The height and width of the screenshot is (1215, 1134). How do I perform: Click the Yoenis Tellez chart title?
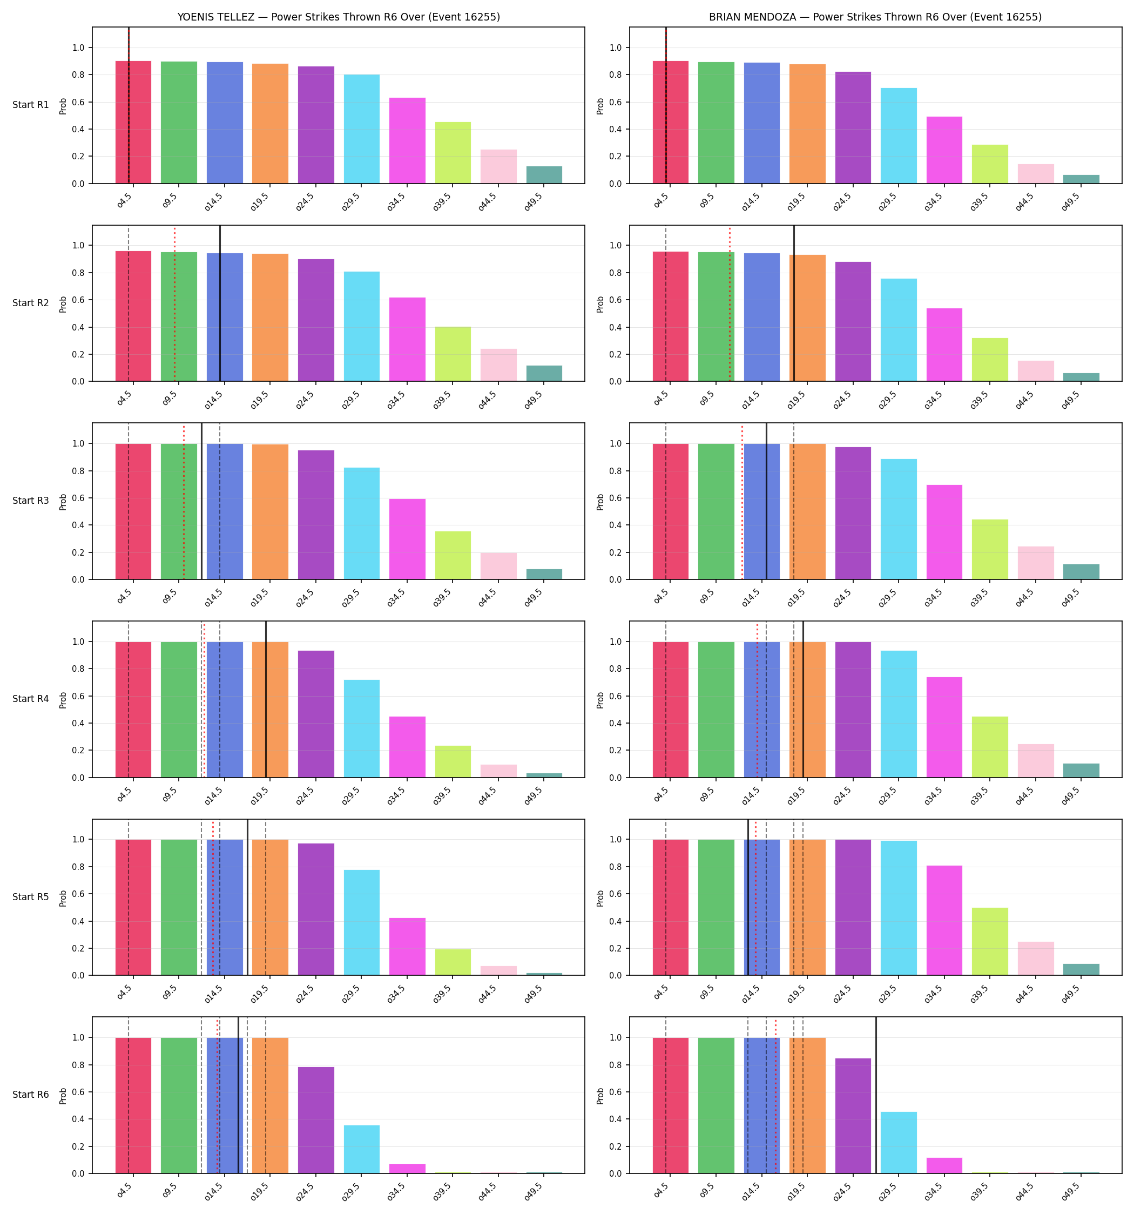339,17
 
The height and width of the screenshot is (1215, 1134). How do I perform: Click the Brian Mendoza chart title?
875,17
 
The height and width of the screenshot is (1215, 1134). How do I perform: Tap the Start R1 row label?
31,105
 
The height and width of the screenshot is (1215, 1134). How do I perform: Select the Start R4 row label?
31,699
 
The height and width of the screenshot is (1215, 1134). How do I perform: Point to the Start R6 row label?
31,1095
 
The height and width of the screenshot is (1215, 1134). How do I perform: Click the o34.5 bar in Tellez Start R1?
407,140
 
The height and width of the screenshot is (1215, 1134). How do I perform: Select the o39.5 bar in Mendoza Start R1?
990,164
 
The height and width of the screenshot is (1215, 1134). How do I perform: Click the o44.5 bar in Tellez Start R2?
498,365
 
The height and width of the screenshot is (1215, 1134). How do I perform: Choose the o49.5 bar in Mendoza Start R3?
1081,571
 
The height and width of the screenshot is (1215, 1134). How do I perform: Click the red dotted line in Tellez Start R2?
174,303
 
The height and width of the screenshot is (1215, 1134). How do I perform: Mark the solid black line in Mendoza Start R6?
876,1095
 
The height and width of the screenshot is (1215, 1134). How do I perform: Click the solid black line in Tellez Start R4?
266,699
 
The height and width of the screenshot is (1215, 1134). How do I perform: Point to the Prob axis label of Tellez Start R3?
63,502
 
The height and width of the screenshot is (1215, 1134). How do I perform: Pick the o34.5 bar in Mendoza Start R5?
944,920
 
